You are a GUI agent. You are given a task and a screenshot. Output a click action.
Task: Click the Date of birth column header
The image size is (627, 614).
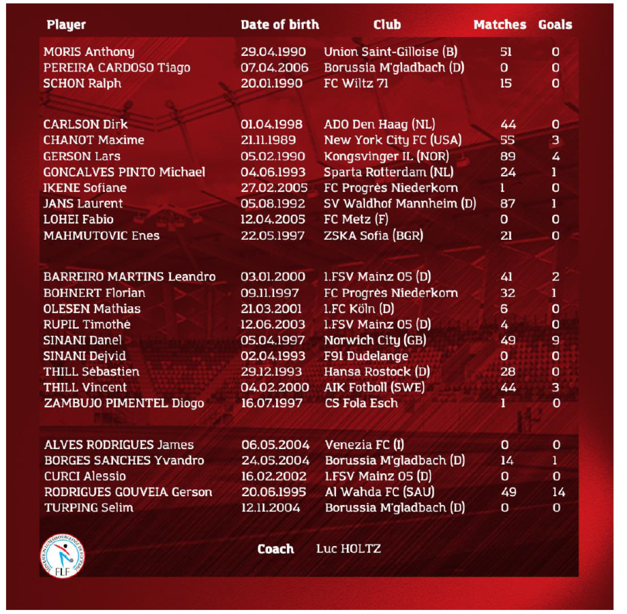click(280, 25)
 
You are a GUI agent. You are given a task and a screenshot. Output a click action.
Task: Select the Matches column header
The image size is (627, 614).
click(499, 25)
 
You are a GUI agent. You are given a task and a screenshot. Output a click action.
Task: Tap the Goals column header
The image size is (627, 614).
click(555, 25)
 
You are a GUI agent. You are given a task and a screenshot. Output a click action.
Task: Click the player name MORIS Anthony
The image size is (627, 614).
click(89, 52)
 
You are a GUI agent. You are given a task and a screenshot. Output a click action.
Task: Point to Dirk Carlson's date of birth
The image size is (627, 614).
click(271, 124)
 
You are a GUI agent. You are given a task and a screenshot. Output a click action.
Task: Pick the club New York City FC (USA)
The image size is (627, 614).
click(392, 140)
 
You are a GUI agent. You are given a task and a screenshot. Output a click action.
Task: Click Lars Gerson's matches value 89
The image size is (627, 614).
click(508, 156)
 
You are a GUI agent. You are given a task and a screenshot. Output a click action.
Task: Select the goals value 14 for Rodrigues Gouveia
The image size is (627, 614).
click(558, 492)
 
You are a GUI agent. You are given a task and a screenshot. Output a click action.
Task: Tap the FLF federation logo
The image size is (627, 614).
click(62, 557)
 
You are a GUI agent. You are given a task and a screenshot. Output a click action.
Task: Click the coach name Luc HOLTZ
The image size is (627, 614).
click(348, 549)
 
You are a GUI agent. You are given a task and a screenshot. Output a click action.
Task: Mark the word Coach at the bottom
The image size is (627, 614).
click(276, 549)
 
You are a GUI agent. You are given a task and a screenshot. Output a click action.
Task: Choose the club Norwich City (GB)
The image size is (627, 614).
click(375, 341)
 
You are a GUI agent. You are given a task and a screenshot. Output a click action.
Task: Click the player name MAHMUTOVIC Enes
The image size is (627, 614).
click(101, 236)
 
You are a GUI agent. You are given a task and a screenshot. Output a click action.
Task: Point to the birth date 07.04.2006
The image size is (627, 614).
click(275, 68)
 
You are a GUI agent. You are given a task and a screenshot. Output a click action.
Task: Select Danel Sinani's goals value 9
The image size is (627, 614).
click(555, 341)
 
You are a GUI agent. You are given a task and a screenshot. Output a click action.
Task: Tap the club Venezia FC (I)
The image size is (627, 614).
click(364, 445)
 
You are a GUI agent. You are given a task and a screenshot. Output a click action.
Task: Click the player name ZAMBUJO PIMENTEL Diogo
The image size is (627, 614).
click(124, 404)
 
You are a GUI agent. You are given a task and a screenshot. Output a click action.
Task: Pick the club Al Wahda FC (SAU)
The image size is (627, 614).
click(380, 492)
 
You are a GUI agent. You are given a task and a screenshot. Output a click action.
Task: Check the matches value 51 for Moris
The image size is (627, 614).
click(506, 52)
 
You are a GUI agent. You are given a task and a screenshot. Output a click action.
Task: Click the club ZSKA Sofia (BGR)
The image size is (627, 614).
click(373, 236)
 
